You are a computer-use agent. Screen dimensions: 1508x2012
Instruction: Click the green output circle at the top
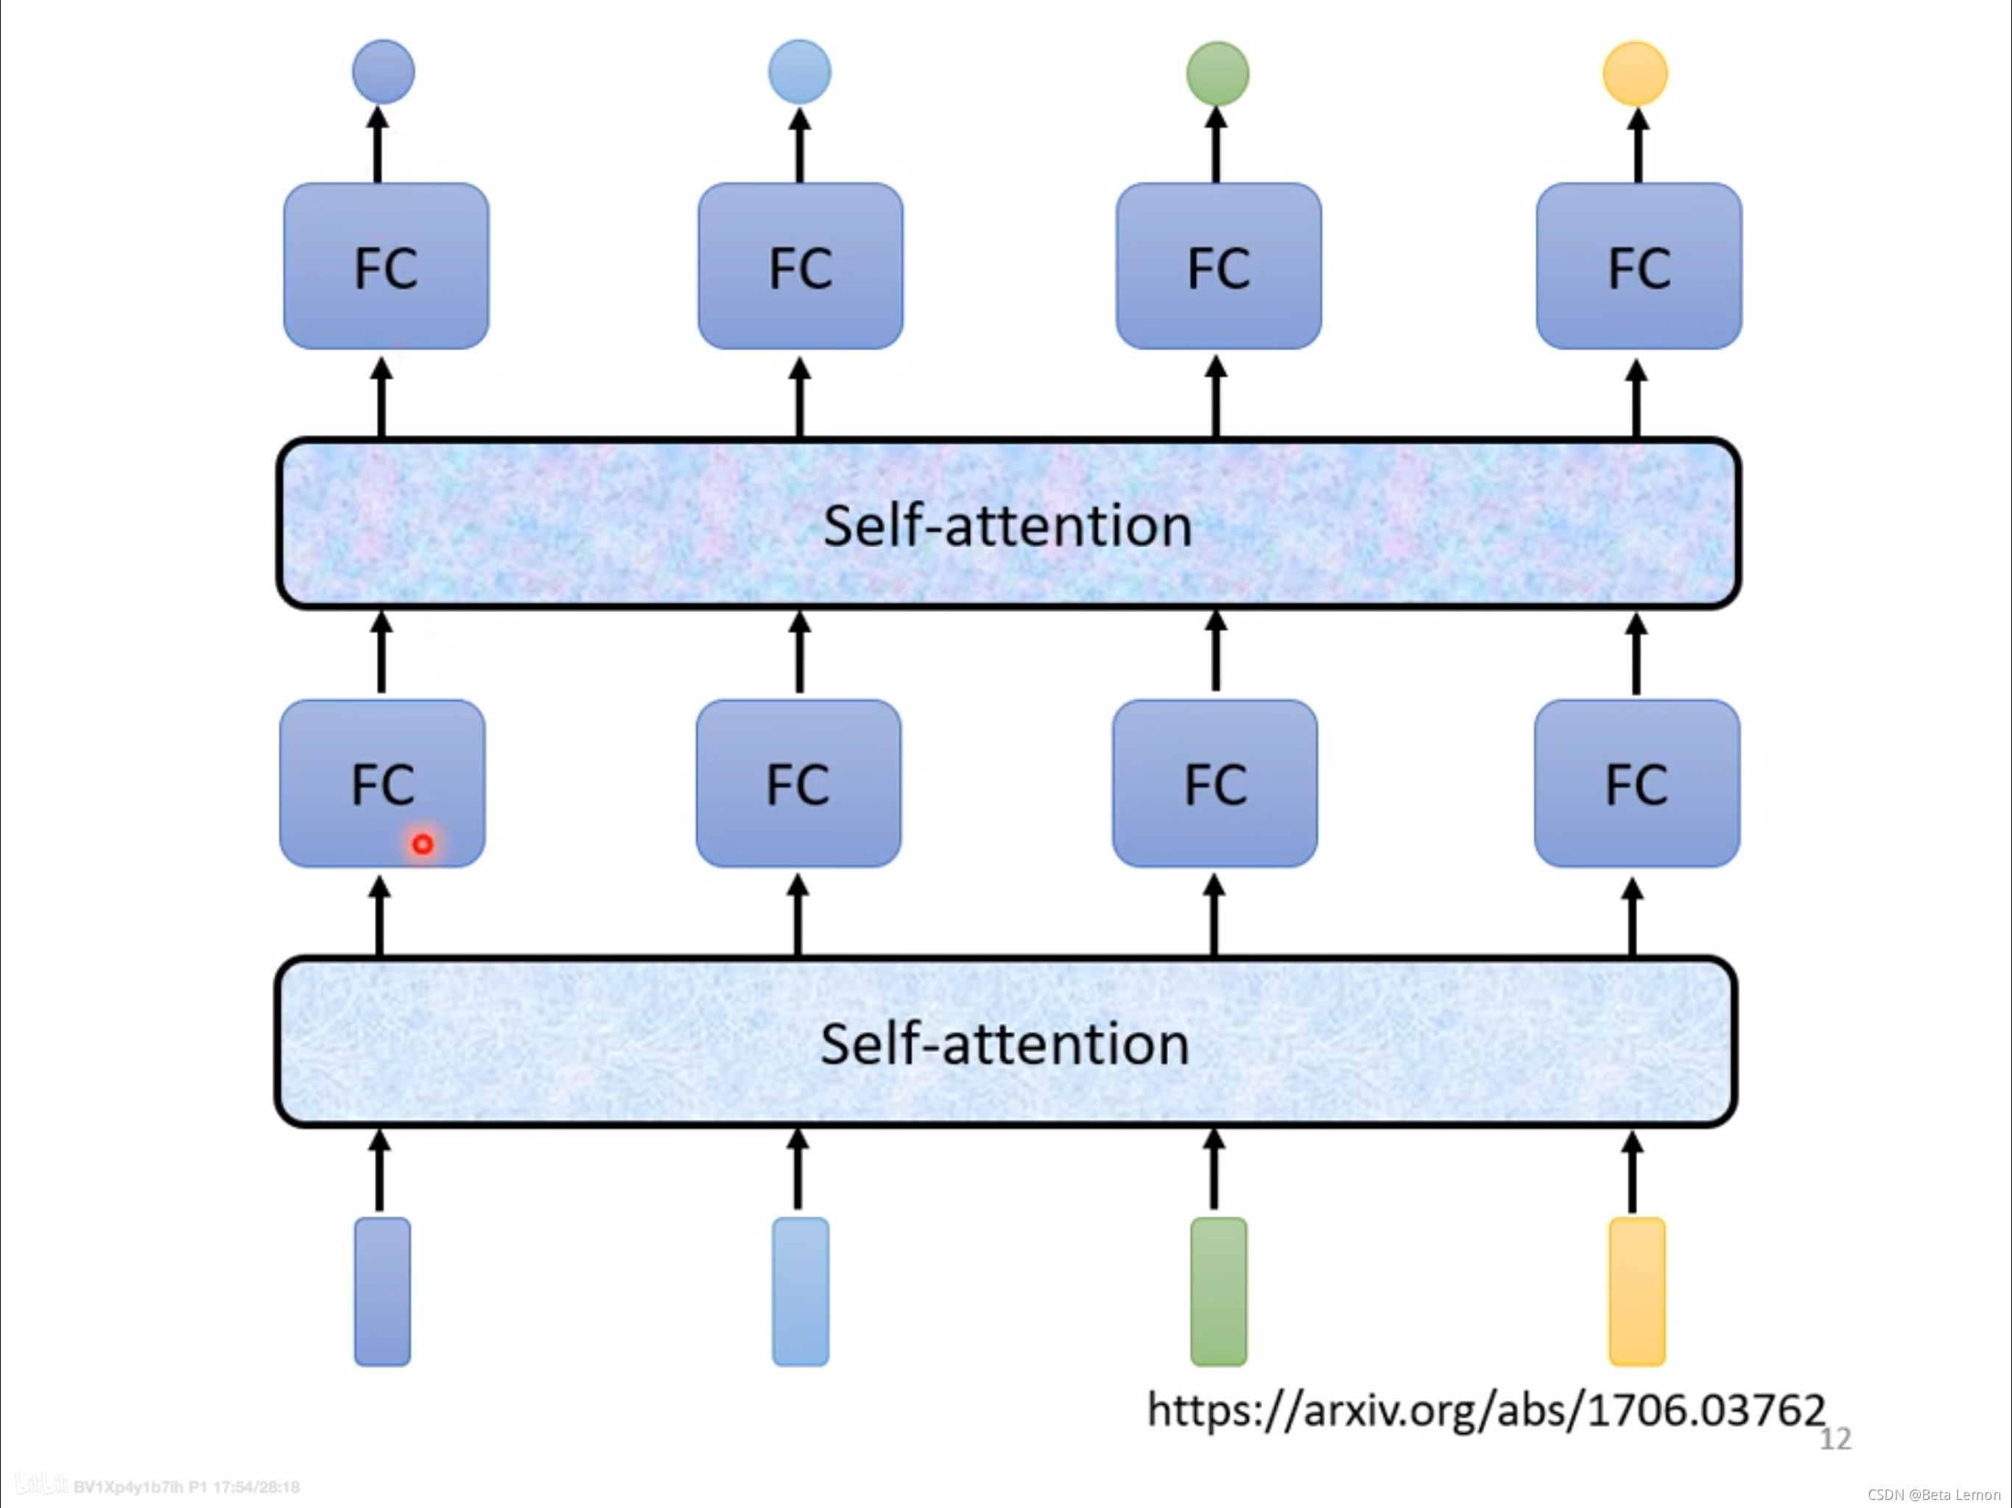[1217, 74]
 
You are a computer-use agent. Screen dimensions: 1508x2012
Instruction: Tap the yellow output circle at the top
[1634, 74]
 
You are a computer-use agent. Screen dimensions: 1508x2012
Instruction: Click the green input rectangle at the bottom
[1218, 1291]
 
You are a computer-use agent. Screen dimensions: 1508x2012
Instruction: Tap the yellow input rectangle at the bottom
[1636, 1291]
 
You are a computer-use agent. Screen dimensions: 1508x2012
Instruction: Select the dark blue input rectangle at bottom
[382, 1291]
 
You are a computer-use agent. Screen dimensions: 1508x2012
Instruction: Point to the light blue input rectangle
[801, 1291]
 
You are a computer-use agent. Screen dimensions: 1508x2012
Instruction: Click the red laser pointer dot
[422, 844]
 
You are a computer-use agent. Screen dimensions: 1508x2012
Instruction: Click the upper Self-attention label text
[1007, 526]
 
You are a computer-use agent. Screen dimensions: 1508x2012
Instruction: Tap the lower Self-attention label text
[1005, 1043]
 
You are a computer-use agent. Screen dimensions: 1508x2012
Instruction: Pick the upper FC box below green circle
[1219, 266]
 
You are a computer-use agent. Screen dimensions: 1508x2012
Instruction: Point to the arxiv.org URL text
[1485, 1410]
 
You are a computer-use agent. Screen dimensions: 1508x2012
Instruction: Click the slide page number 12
[1835, 1439]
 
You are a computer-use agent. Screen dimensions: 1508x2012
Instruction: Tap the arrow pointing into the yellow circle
[1637, 146]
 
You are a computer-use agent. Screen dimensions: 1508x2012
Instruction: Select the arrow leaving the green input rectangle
[1214, 1169]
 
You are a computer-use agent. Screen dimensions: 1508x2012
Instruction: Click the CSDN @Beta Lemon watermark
[1934, 1494]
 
